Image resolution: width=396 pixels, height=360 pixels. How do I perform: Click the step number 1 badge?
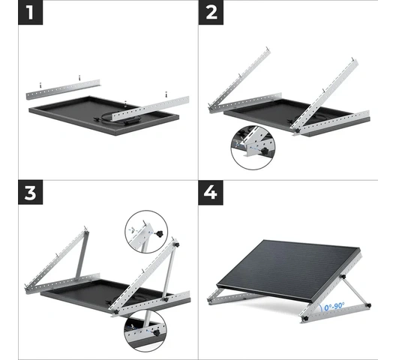click(x=30, y=13)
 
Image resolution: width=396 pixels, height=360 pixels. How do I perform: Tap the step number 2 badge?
click(x=211, y=13)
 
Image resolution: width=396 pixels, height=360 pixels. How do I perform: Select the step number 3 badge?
click(x=30, y=192)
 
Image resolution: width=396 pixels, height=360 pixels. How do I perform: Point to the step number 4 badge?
click(x=211, y=192)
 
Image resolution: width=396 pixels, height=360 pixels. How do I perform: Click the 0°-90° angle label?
click(x=334, y=307)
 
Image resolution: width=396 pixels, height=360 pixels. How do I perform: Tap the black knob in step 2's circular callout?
click(x=265, y=151)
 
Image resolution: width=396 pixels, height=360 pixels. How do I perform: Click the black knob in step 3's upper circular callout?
click(x=159, y=234)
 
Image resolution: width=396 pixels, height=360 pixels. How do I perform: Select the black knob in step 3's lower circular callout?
click(x=157, y=332)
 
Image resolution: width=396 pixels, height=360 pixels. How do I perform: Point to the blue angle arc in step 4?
click(x=319, y=307)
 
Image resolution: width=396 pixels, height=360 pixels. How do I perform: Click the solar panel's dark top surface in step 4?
click(x=288, y=268)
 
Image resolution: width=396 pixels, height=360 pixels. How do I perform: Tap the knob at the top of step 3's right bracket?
click(x=176, y=244)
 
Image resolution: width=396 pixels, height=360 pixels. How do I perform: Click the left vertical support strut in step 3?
click(x=82, y=255)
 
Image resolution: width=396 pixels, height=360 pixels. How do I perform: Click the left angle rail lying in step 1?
click(x=63, y=89)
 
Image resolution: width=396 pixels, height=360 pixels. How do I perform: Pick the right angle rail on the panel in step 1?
click(x=151, y=108)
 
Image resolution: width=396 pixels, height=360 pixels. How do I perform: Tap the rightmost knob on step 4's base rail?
click(x=368, y=305)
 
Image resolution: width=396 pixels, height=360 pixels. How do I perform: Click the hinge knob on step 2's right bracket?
click(x=298, y=130)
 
